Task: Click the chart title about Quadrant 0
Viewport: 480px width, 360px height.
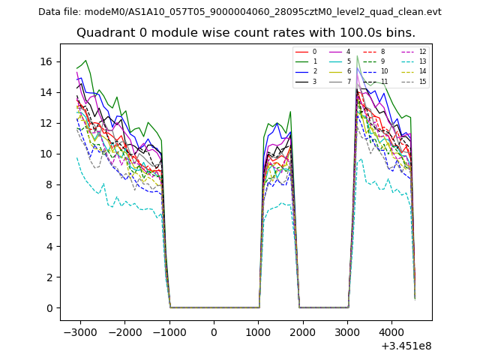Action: pos(245,33)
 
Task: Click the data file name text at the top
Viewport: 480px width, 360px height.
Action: pos(239,11)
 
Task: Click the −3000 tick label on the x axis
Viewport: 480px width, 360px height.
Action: pos(79,331)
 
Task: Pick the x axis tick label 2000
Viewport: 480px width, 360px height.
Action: pos(302,331)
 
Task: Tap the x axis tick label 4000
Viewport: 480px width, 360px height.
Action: pos(391,331)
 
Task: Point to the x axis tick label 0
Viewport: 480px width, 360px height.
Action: pos(214,331)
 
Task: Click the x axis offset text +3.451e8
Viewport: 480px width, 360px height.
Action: pos(405,346)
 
